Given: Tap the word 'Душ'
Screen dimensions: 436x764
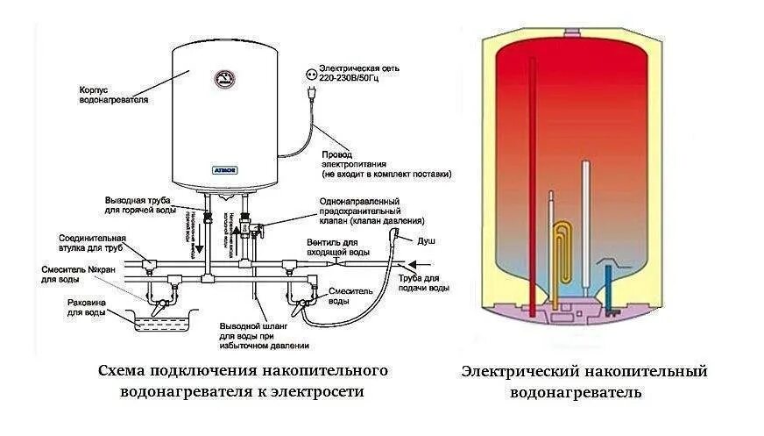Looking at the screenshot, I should tap(427, 239).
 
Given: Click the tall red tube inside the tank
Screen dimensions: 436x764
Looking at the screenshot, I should tap(532, 184).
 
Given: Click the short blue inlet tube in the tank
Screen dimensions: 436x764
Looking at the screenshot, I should tap(607, 285).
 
